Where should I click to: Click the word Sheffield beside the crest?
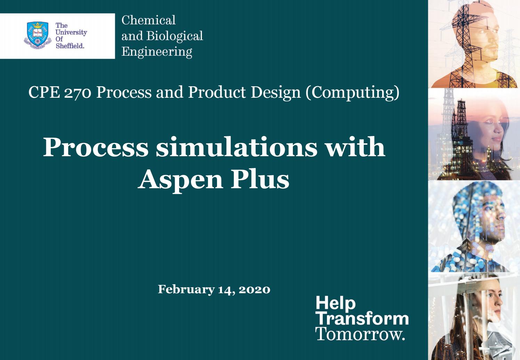coord(70,46)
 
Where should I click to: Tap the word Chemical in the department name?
coord(149,20)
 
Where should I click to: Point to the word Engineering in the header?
coord(157,51)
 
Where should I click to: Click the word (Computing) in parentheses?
coord(352,93)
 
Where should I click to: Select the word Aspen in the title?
coord(180,179)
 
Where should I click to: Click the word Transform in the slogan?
coord(362,319)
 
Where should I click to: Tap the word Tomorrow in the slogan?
coord(359,334)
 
